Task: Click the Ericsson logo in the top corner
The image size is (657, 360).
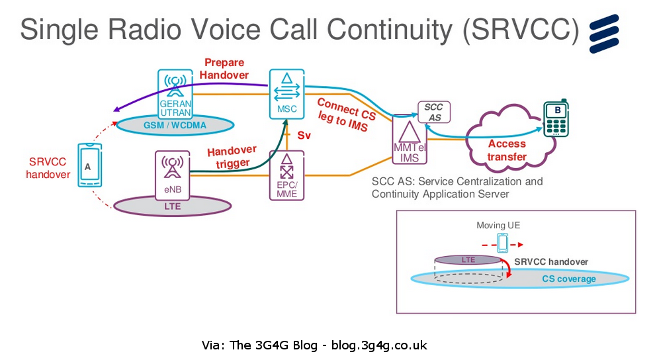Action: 609,32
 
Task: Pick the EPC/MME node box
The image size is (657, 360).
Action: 286,175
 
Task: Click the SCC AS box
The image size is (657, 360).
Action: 433,112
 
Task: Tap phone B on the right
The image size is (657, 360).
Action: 556,119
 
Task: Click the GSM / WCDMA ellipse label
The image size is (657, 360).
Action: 174,124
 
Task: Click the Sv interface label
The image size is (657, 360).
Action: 304,135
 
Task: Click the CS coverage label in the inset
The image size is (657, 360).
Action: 568,279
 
